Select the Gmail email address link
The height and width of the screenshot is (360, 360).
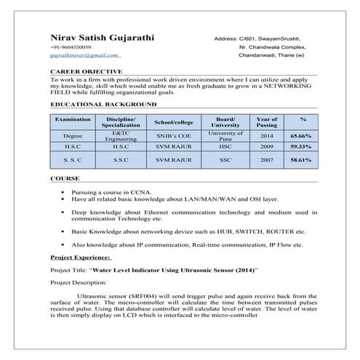(x=84, y=55)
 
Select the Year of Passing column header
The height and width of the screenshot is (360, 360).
(x=267, y=121)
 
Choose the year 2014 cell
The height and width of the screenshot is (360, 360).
(x=267, y=136)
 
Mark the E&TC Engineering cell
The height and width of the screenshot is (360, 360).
(x=121, y=136)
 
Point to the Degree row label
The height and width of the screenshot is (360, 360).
(x=73, y=136)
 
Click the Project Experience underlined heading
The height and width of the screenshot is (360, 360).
(x=80, y=257)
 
